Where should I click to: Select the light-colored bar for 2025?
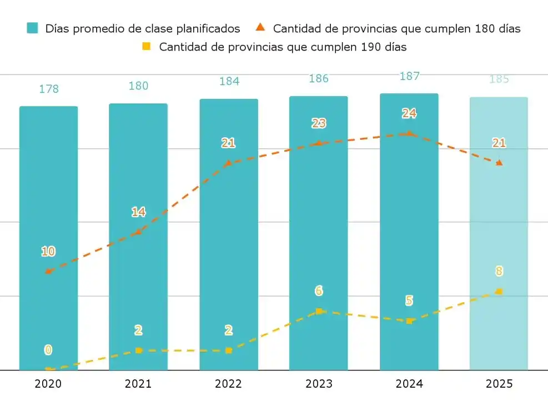499,233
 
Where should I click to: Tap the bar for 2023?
319,233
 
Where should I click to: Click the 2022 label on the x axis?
228,384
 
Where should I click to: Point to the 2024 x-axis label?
409,384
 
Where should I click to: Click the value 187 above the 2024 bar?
409,76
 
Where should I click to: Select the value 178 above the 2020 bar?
49,89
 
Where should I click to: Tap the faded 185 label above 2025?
499,79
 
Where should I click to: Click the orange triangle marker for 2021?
139,232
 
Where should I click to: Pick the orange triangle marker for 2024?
409,133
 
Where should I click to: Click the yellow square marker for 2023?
319,311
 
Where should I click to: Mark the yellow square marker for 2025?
499,291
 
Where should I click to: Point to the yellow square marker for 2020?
49,369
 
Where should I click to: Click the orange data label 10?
48,251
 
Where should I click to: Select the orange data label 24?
409,113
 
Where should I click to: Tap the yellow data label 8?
499,271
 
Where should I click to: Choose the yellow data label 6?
319,290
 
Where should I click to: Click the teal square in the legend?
33,28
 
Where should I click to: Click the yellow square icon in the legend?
146,46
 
